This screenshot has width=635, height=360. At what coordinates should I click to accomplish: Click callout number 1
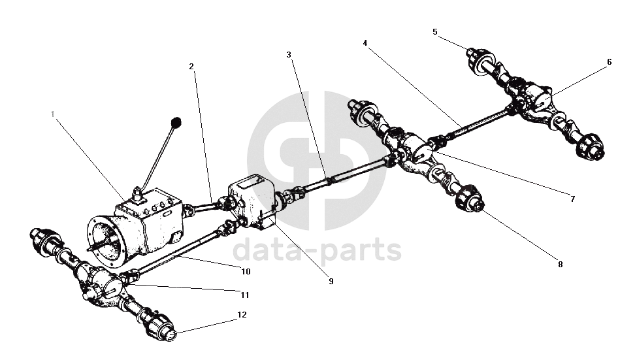click(53, 114)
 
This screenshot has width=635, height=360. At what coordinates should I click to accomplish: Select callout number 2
click(191, 66)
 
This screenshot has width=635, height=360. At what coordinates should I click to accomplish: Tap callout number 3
click(288, 54)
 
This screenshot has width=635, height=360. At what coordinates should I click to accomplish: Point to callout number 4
click(365, 42)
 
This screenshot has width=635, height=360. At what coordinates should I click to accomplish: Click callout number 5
click(435, 31)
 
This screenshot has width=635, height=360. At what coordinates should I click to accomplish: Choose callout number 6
click(609, 62)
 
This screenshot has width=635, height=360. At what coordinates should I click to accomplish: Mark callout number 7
click(572, 199)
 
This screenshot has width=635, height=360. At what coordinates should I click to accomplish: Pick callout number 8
click(560, 265)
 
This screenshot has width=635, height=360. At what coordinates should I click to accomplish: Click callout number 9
click(331, 281)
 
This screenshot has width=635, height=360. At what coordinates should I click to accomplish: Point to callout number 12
click(242, 315)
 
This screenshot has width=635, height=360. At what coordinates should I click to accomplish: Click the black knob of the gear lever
click(176, 122)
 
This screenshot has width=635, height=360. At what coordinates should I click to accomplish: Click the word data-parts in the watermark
click(317, 250)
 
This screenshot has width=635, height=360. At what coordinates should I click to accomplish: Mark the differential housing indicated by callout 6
click(541, 98)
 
